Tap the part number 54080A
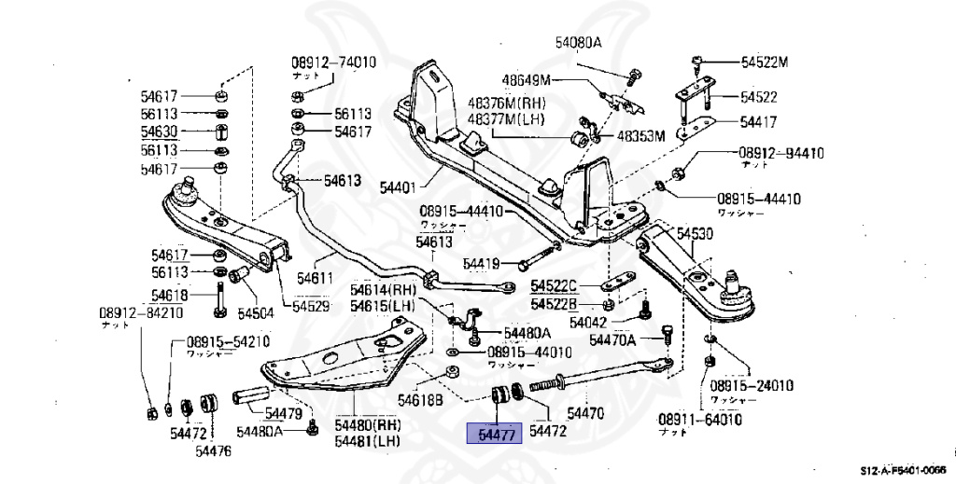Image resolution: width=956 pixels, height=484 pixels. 578,43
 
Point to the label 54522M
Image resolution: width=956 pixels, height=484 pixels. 765,62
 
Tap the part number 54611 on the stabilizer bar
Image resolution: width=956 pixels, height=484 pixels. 315,277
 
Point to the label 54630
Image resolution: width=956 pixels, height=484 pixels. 163,132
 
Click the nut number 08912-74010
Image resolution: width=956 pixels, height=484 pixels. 332,62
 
